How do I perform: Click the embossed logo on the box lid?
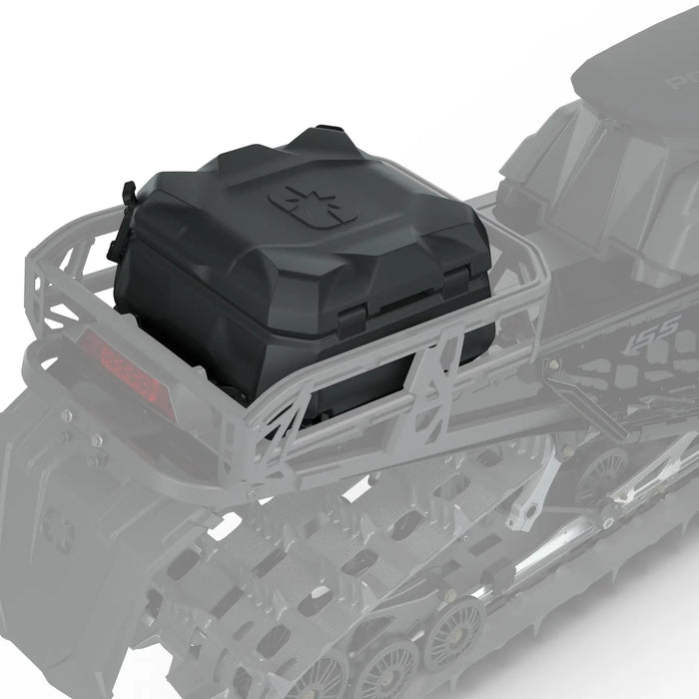(x=313, y=206)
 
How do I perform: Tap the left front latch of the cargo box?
(x=352, y=322)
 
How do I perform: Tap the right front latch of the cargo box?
(x=455, y=285)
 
